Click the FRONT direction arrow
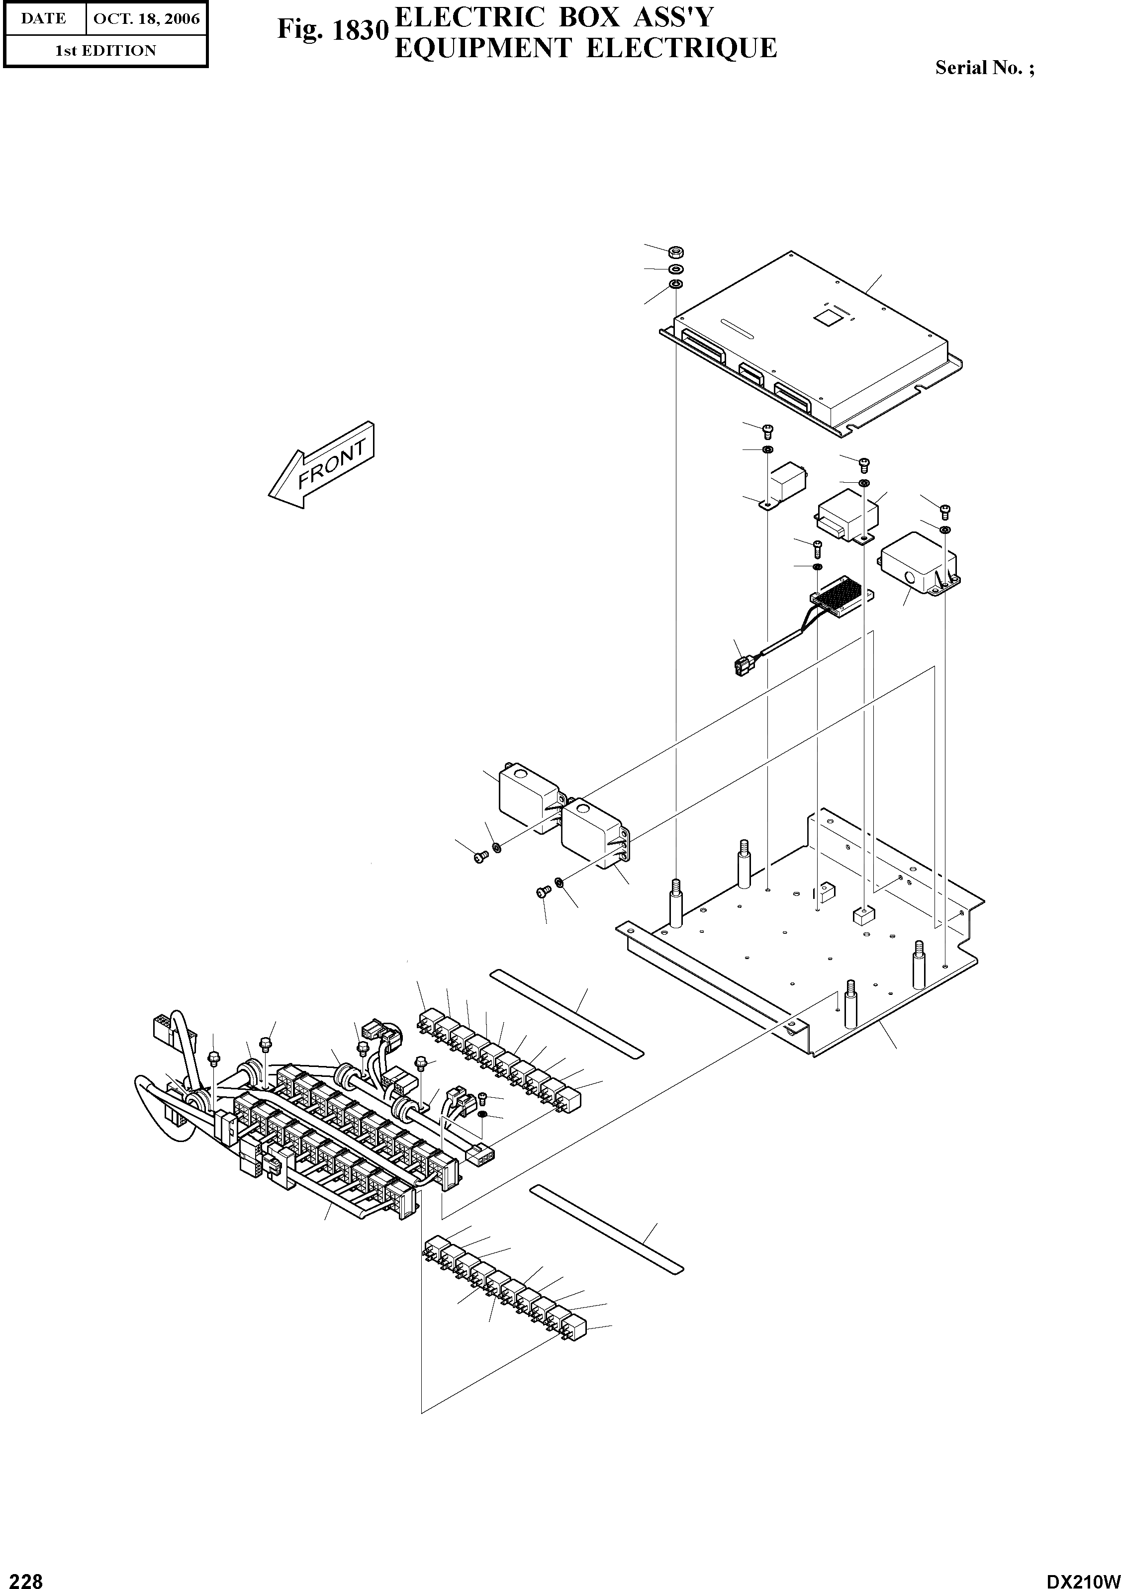pos(322,464)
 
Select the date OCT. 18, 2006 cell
pos(146,19)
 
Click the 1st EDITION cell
pos(105,51)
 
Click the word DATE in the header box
pos(44,19)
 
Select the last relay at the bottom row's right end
pos(574,1328)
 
